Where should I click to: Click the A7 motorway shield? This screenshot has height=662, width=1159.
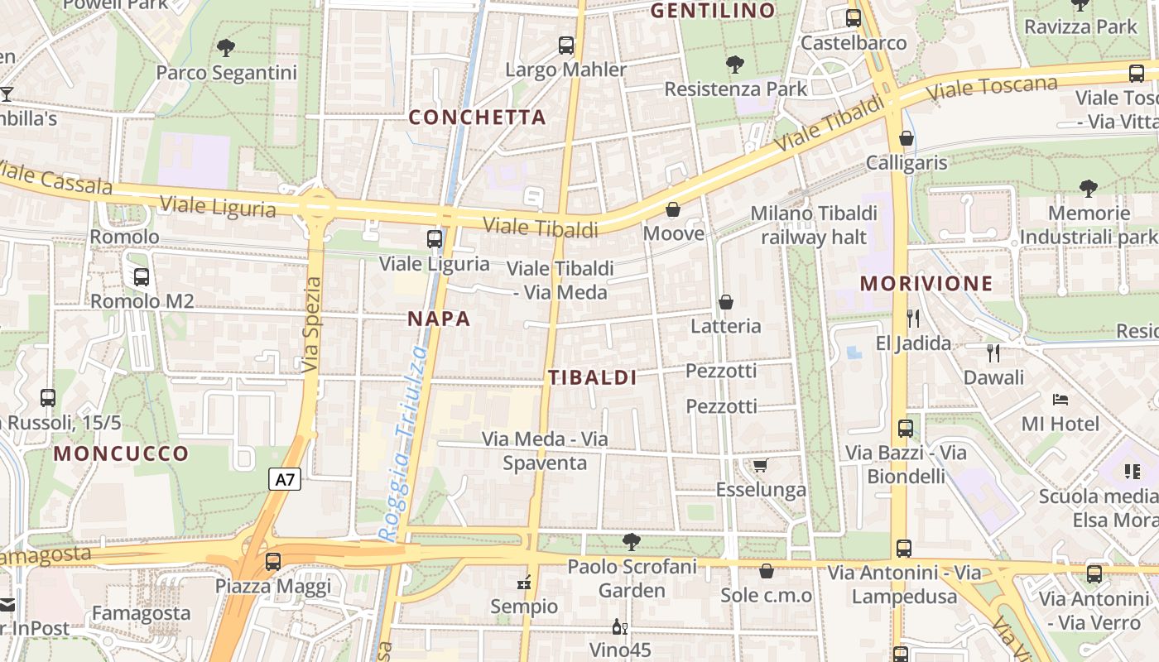[x=284, y=479]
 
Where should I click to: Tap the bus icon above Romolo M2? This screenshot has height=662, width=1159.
[x=141, y=277]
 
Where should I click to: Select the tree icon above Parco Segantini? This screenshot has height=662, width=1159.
[x=226, y=48]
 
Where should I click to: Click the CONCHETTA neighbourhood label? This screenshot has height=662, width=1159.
[x=478, y=118]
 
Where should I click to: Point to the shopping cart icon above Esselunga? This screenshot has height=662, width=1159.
[x=760, y=466]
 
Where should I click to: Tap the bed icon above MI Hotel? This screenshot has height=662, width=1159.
[x=1060, y=400]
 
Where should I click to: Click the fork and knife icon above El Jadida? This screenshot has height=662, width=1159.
[x=913, y=318]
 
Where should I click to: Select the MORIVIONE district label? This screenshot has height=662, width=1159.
[x=926, y=284]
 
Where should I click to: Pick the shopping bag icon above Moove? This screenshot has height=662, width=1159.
[x=673, y=209]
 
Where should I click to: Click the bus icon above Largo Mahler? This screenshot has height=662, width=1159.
[x=566, y=46]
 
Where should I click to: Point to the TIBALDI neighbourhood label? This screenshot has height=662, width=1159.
[x=593, y=378]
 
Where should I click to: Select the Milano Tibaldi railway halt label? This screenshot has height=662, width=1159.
[x=814, y=225]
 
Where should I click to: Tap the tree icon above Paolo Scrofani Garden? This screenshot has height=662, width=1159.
[x=632, y=542]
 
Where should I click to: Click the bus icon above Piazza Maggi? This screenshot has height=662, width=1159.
[x=272, y=561]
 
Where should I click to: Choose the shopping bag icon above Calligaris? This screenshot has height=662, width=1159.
[x=907, y=138]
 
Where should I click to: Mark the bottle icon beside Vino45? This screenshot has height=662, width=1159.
[x=617, y=626]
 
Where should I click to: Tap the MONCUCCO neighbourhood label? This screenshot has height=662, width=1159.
[x=122, y=453]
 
